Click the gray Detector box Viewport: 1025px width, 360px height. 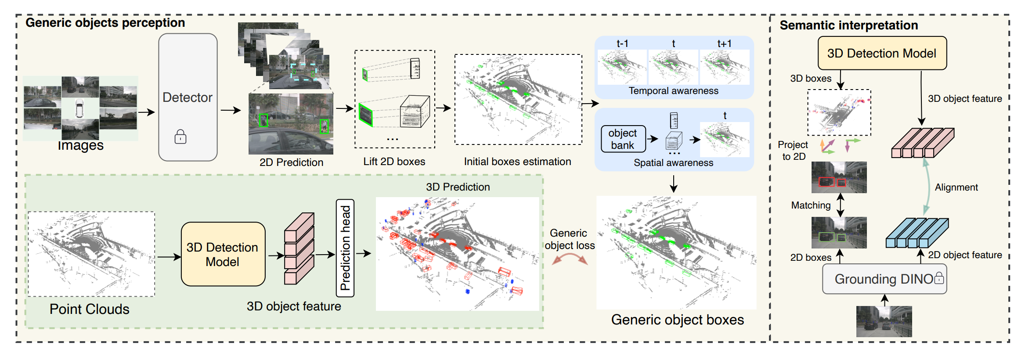(188, 97)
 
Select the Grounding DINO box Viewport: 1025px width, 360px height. (884, 279)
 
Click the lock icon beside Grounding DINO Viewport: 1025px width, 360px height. (938, 277)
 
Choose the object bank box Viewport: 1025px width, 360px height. (623, 139)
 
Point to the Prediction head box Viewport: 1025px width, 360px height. (345, 248)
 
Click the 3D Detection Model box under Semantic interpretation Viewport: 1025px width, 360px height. (882, 53)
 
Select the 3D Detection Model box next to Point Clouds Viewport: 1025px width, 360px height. (223, 254)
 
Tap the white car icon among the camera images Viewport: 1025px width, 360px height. (79, 108)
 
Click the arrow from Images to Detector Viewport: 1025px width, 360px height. (147, 112)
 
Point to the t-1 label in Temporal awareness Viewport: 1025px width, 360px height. (622, 43)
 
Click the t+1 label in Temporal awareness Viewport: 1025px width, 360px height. (724, 43)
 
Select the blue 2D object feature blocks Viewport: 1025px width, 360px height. (917, 233)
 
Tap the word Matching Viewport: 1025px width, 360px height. (811, 205)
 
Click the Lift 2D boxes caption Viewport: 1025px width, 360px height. (394, 162)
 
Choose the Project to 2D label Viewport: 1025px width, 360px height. (793, 151)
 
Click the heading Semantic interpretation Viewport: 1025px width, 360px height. (848, 25)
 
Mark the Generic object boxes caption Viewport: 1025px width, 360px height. (677, 320)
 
